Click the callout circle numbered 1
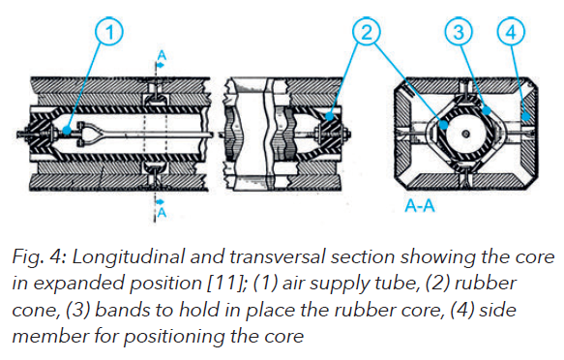[112, 33]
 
